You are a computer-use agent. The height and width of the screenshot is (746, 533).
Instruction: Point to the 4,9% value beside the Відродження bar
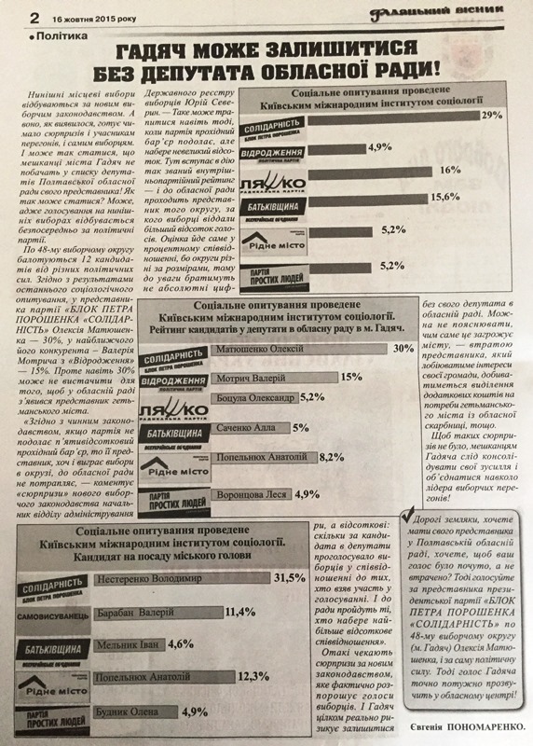[x=378, y=145]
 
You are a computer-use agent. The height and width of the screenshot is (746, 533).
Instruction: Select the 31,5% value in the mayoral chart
[x=287, y=577]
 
